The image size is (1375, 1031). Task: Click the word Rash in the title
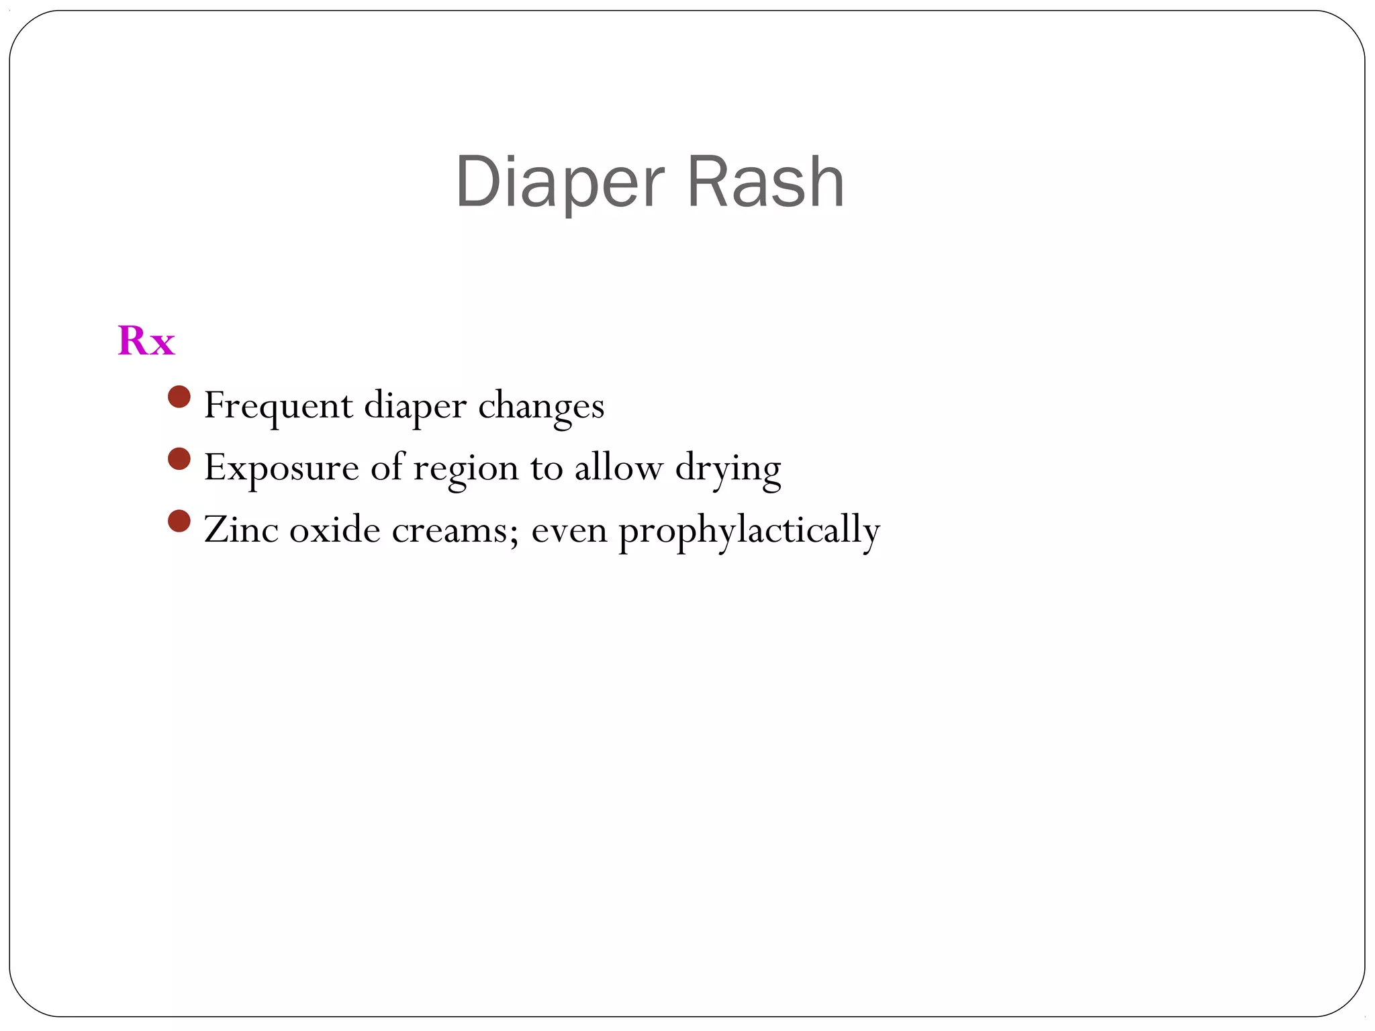(765, 183)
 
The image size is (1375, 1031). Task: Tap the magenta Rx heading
(146, 341)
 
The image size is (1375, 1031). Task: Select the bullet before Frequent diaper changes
(179, 397)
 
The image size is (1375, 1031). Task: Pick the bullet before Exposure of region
(179, 459)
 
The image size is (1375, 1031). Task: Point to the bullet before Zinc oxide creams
(179, 521)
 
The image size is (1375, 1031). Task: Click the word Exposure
(281, 468)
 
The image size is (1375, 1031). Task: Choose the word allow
(618, 468)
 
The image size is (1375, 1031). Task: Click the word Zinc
(241, 530)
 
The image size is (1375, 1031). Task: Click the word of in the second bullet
(387, 467)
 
